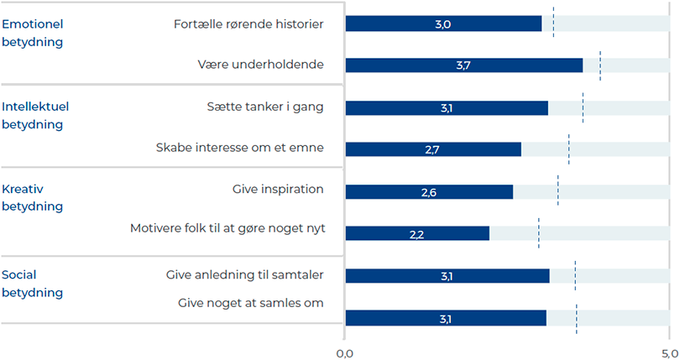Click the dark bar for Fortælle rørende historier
(x=443, y=23)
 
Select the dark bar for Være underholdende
(x=463, y=65)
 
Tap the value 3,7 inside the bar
(x=463, y=65)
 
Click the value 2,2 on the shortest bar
(x=416, y=234)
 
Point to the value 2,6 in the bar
(x=428, y=192)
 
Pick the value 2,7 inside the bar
(x=432, y=149)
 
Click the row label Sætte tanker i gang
(x=264, y=107)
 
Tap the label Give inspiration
(x=278, y=189)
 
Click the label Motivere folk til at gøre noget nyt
(x=227, y=228)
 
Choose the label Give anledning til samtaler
(x=245, y=274)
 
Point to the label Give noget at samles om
(x=251, y=303)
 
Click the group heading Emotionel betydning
(x=33, y=32)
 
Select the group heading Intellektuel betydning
(x=35, y=116)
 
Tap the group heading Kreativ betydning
(x=33, y=197)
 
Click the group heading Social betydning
(x=33, y=284)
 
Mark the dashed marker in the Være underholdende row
(x=600, y=65)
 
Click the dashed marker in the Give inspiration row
(x=558, y=190)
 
